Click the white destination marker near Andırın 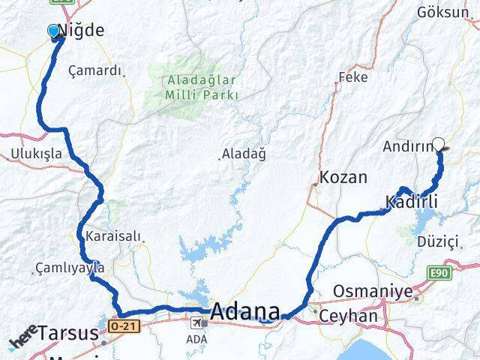[x=439, y=146]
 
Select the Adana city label [x=245, y=311]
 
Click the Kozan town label [x=343, y=178]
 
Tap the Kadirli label [x=410, y=201]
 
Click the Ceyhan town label [x=348, y=316]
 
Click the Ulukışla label [x=36, y=153]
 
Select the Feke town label [x=352, y=76]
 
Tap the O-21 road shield [x=122, y=326]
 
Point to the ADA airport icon [x=196, y=323]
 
